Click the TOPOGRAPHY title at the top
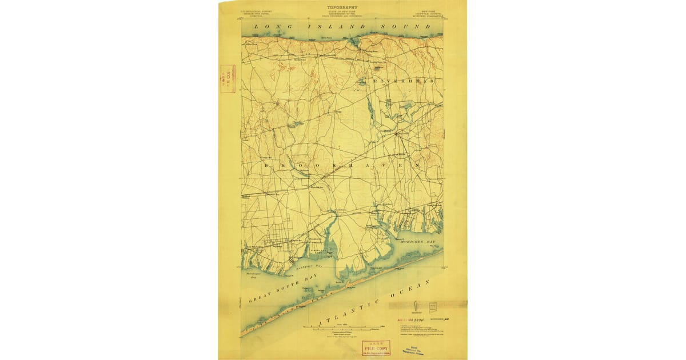(342, 7)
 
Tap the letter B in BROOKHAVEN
(267, 165)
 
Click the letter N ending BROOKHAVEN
(418, 163)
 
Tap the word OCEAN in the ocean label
(420, 286)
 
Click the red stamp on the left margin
(228, 79)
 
